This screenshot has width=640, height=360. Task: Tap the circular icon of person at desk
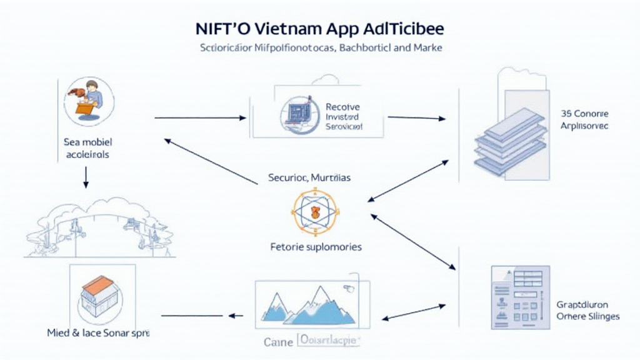tap(90, 101)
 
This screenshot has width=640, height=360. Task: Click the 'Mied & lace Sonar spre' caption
tap(99, 333)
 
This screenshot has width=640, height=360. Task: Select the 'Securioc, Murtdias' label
tap(309, 177)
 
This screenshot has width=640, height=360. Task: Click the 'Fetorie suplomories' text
tap(316, 247)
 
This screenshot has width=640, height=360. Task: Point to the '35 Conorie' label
tap(584, 114)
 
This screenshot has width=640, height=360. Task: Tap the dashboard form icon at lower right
tap(521, 297)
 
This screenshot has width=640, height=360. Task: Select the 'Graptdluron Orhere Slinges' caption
tap(587, 310)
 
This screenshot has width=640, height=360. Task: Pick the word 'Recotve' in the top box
tap(342, 107)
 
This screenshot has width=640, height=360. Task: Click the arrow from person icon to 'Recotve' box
tap(200, 117)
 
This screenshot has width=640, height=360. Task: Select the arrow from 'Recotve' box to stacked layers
tap(416, 117)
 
